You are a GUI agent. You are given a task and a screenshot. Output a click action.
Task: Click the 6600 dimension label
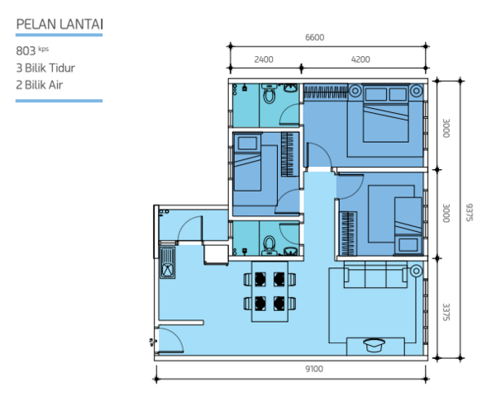[314, 37]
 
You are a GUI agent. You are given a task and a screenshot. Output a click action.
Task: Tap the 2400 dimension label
[264, 59]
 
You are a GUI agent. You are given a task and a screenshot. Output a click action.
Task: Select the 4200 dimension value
[360, 59]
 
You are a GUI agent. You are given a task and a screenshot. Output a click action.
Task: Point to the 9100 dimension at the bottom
[314, 369]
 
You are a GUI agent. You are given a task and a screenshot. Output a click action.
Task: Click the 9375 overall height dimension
[469, 212]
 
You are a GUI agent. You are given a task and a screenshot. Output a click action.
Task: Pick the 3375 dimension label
[446, 312]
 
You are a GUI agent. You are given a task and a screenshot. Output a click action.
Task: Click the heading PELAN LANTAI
[60, 24]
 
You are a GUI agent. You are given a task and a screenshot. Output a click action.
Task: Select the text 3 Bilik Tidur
[45, 68]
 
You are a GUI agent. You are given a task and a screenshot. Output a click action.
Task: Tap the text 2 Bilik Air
[39, 85]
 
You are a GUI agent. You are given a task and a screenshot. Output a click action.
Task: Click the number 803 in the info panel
[26, 51]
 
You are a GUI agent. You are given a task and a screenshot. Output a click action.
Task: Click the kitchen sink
[168, 262]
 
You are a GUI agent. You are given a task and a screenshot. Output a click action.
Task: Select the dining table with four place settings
[269, 291]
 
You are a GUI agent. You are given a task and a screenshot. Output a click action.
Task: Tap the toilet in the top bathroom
[269, 93]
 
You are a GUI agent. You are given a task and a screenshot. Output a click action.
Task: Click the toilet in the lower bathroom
[269, 245]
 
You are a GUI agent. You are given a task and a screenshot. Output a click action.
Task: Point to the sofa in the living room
[375, 274]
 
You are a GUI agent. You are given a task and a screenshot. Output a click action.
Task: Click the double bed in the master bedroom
[385, 113]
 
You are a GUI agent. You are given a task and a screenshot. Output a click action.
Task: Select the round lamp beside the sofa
[416, 271]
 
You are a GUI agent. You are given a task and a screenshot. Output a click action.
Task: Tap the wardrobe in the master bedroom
[326, 92]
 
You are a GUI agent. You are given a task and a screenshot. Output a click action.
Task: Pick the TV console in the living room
[375, 347]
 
